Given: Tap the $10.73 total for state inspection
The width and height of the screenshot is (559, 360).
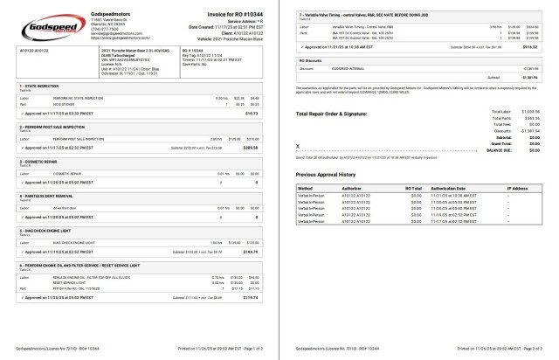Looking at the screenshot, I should (252, 113).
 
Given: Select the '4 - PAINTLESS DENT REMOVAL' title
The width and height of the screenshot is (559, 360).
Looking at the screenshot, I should (45, 196).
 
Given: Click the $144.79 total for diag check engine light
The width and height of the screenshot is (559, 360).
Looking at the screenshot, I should (251, 252).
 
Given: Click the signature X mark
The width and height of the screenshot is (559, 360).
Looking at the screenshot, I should (298, 146).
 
